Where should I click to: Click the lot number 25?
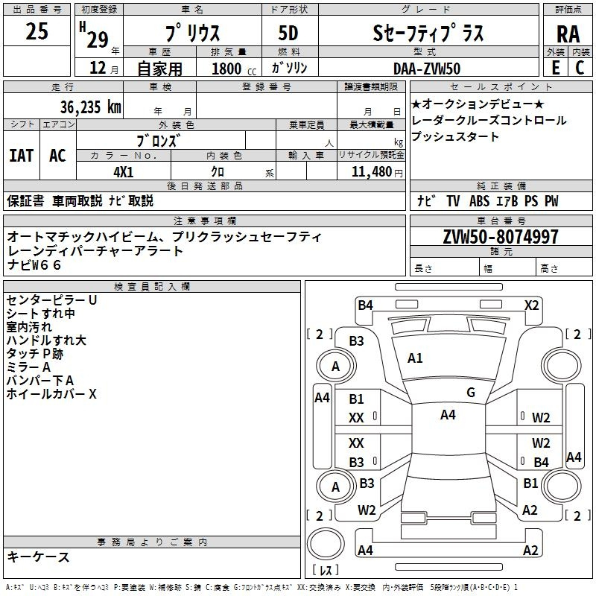tap(37, 31)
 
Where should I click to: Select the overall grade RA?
tap(568, 34)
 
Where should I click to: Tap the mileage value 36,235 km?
tap(90, 107)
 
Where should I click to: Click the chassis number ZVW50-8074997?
tap(501, 236)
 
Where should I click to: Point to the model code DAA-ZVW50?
tap(427, 69)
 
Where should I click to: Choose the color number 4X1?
tap(124, 172)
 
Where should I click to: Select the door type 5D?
tap(288, 33)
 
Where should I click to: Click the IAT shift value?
tap(22, 156)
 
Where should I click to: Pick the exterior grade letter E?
tap(555, 68)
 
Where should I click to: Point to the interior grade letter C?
tap(580, 68)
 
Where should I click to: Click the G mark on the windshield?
tap(471, 393)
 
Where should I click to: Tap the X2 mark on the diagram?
tap(531, 305)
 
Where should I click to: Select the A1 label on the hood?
tap(415, 358)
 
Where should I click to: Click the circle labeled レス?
tap(326, 545)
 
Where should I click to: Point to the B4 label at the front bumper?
tap(365, 305)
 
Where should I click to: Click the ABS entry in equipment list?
tap(479, 201)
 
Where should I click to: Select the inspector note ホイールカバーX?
tap(51, 394)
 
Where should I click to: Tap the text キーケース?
tap(38, 557)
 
